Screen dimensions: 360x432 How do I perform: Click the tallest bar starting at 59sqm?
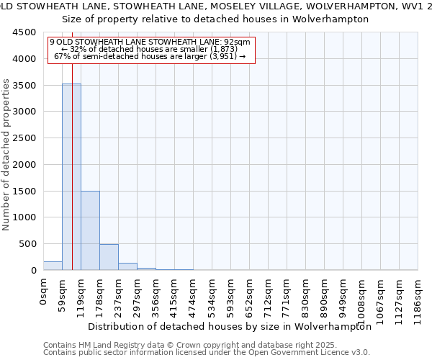pyautogui.click(x=71, y=176)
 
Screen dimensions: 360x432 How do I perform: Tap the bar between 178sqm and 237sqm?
pyautogui.click(x=109, y=257)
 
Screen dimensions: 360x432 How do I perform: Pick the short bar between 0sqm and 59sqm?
pyautogui.click(x=53, y=266)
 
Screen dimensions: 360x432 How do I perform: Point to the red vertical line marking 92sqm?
pyautogui.click(x=73, y=144)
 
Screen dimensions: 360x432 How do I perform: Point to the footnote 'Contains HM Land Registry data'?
pyautogui.click(x=205, y=345)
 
